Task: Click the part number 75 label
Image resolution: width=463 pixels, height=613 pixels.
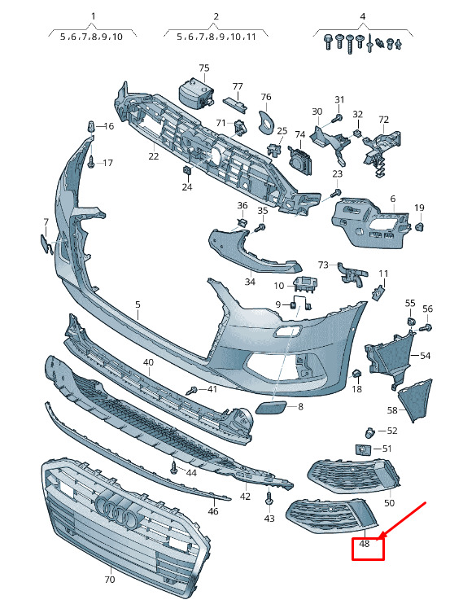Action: tap(204, 68)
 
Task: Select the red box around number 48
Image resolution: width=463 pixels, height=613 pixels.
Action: tap(368, 548)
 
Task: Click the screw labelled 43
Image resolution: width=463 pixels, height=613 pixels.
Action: tap(269, 497)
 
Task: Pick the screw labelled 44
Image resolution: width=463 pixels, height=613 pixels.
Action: tap(174, 467)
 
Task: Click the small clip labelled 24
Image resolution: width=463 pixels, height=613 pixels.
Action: tap(187, 171)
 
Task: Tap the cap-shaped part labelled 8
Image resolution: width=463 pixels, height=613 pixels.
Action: tap(270, 407)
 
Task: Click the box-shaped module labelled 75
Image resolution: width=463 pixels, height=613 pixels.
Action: tap(194, 94)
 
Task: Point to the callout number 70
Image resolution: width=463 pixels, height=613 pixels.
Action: tap(110, 579)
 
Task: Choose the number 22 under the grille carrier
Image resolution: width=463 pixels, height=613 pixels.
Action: tap(154, 156)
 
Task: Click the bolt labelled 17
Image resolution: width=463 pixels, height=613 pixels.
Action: tap(91, 162)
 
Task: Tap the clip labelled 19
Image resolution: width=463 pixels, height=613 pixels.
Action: tap(419, 226)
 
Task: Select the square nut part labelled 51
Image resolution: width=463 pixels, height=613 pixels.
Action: tap(362, 449)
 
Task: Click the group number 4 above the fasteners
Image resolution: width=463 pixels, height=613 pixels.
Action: tap(363, 16)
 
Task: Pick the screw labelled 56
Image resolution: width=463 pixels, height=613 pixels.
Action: tap(426, 327)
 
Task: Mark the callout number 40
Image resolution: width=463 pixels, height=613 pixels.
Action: tap(148, 362)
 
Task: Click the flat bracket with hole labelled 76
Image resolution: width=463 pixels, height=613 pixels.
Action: tap(267, 121)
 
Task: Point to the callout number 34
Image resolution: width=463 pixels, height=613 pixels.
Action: tap(250, 282)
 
